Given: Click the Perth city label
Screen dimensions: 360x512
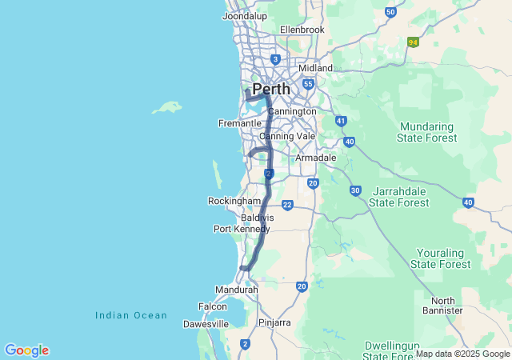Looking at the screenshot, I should coord(270,89).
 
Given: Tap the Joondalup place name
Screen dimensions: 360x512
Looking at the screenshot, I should coord(244,16).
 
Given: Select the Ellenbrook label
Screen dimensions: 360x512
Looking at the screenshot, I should coord(302,30).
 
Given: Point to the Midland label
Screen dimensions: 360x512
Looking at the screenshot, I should coord(315,68).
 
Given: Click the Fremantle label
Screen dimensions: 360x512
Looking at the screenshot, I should coord(240,123).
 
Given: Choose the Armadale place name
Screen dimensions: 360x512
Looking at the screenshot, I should coord(316,158).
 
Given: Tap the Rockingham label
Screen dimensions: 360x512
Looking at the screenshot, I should coord(234,201).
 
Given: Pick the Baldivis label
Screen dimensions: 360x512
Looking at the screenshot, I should coord(258,217).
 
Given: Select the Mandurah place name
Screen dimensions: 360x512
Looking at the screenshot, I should coord(236,290).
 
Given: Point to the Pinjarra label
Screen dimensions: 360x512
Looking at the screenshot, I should coord(274,322).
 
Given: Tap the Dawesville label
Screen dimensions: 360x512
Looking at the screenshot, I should coord(206,324).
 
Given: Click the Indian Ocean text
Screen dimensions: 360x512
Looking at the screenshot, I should coord(131,315).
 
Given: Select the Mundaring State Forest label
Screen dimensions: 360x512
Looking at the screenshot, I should coord(428,132).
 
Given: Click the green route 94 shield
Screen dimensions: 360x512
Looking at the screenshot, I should coord(413,42).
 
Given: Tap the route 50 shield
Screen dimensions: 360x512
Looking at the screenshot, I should coord(390,12).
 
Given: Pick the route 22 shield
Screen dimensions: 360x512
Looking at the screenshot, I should coord(286,206).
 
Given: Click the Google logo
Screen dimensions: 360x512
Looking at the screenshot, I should coord(26,350).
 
